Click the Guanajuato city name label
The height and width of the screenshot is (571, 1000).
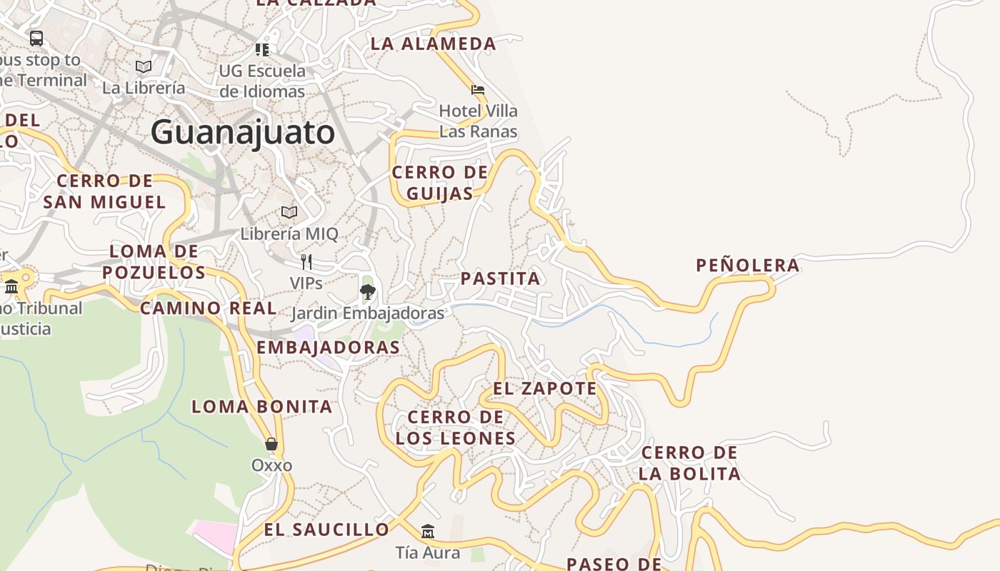(243, 133)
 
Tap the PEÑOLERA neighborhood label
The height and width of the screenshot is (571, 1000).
(748, 266)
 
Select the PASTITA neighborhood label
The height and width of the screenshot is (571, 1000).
(501, 278)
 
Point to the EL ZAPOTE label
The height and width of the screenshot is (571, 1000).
(545, 388)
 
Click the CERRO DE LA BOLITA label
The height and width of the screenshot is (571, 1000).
(689, 463)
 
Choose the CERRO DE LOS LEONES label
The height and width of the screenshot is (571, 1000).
(456, 428)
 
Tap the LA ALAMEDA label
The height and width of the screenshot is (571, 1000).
(434, 44)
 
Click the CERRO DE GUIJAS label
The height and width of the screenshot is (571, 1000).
(440, 183)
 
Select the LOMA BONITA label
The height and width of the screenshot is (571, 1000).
(262, 407)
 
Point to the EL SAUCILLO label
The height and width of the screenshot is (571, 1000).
(327, 530)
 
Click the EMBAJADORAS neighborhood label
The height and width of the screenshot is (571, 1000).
(328, 348)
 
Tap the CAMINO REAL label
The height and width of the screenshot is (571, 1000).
(209, 308)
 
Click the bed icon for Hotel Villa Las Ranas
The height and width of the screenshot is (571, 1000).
(478, 90)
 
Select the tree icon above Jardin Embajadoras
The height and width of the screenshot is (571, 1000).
(368, 291)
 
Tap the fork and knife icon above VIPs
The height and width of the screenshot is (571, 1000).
(306, 261)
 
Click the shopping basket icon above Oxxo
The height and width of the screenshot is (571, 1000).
(271, 444)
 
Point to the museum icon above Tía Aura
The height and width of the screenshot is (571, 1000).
(428, 532)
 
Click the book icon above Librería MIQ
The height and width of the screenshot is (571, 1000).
(289, 212)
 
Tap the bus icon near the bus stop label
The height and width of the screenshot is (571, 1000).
(36, 38)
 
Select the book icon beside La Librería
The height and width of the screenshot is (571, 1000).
(144, 66)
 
